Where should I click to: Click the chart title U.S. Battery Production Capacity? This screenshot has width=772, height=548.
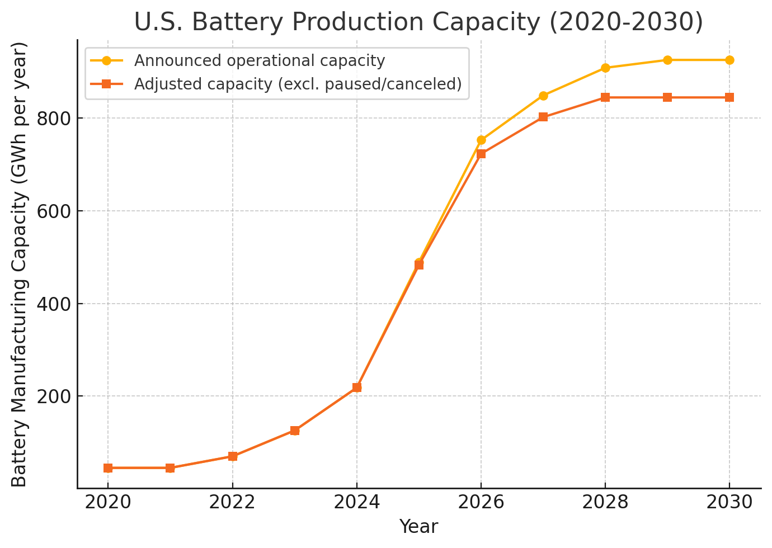pyautogui.click(x=418, y=22)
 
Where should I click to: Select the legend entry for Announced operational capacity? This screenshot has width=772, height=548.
pyautogui.click(x=259, y=60)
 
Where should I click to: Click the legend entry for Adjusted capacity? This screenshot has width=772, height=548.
pyautogui.click(x=298, y=84)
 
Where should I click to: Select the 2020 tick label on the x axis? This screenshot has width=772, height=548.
pyautogui.click(x=108, y=503)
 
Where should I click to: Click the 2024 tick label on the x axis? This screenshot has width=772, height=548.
pyautogui.click(x=357, y=503)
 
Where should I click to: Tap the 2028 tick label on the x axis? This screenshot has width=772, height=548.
pyautogui.click(x=605, y=503)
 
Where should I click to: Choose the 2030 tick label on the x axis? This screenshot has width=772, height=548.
pyautogui.click(x=729, y=503)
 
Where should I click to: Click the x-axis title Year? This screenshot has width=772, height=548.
pyautogui.click(x=418, y=527)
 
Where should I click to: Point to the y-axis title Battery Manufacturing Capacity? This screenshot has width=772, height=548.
pyautogui.click(x=20, y=264)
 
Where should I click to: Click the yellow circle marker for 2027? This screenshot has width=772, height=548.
pyautogui.click(x=543, y=96)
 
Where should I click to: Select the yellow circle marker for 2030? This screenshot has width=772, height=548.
pyautogui.click(x=729, y=60)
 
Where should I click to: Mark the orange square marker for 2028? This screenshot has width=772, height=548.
pyautogui.click(x=605, y=97)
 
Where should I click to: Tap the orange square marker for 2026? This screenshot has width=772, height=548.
pyautogui.click(x=481, y=154)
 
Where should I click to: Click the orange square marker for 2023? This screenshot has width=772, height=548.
pyautogui.click(x=295, y=431)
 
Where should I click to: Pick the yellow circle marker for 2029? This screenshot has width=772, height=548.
pyautogui.click(x=667, y=60)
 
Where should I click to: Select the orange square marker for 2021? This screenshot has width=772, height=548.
pyautogui.click(x=170, y=468)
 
